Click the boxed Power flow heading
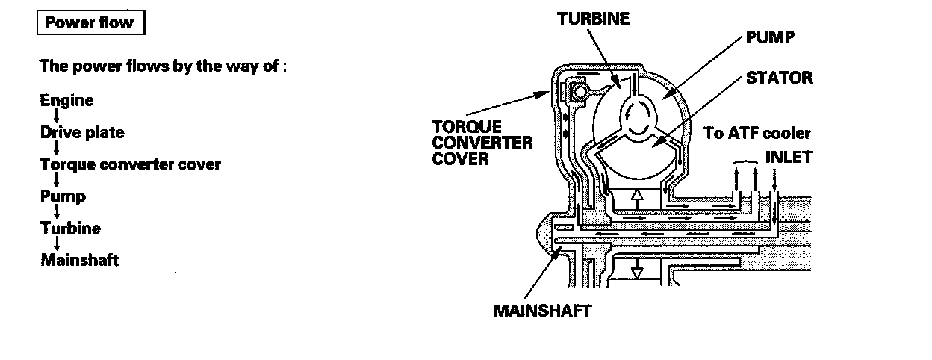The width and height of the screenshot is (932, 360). (89, 22)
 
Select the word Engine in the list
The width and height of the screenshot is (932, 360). (66, 100)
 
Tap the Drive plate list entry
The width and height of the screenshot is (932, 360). (82, 132)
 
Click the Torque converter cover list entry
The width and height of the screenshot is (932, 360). (130, 164)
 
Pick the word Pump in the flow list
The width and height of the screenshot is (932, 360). (63, 196)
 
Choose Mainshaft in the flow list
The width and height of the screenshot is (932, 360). (79, 260)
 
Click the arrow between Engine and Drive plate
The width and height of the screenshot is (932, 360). (57, 116)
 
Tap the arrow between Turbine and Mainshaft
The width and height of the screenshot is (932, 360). (57, 244)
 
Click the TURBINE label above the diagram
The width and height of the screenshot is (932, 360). (593, 19)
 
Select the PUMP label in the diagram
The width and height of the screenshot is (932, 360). (769, 37)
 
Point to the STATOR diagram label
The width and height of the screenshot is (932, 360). (779, 78)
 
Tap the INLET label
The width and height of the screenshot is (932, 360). (788, 158)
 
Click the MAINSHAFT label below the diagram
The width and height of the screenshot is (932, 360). (542, 310)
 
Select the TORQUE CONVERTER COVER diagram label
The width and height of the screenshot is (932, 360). (482, 142)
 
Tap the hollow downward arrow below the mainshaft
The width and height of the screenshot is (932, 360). (636, 271)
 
